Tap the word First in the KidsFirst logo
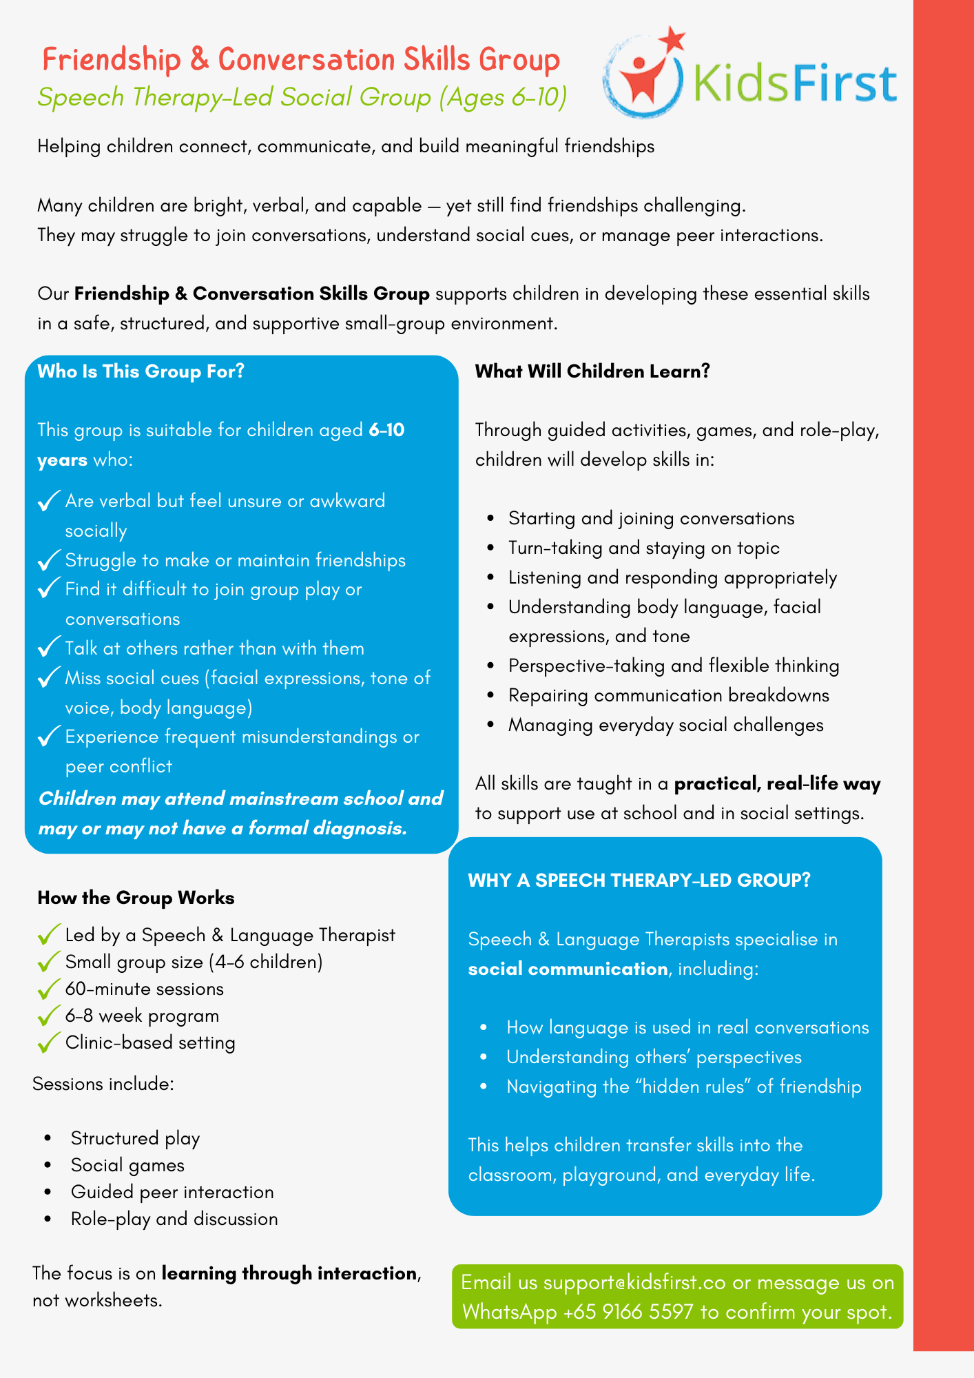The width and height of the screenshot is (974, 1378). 844,84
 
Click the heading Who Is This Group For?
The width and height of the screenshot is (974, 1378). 141,371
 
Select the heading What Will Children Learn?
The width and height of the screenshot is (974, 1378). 592,371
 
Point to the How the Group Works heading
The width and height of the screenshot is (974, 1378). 136,898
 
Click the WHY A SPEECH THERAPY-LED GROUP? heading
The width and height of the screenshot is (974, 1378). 639,880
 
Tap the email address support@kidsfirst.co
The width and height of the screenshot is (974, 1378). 634,1282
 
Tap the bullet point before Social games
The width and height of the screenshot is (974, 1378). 48,1165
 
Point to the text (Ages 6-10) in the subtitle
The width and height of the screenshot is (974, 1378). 503,97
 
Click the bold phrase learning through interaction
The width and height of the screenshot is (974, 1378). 289,1273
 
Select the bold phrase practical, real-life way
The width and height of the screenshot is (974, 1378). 777,783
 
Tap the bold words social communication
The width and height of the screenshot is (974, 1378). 568,969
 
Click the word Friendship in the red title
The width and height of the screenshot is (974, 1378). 111,60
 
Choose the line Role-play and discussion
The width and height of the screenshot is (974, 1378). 174,1219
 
